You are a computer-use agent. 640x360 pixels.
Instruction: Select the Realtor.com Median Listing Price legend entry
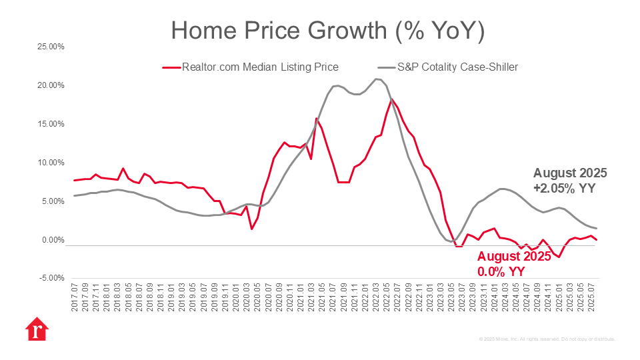[260, 67]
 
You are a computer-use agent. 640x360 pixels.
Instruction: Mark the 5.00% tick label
[51, 201]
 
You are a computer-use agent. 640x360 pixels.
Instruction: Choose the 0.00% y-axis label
[51, 240]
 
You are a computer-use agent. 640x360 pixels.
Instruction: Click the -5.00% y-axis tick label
[51, 279]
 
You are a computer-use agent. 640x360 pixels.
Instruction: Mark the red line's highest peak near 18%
[391, 99]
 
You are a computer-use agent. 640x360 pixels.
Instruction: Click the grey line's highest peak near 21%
[376, 79]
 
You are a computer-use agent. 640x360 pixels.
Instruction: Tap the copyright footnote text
[547, 339]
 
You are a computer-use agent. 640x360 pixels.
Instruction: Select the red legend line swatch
[171, 67]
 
